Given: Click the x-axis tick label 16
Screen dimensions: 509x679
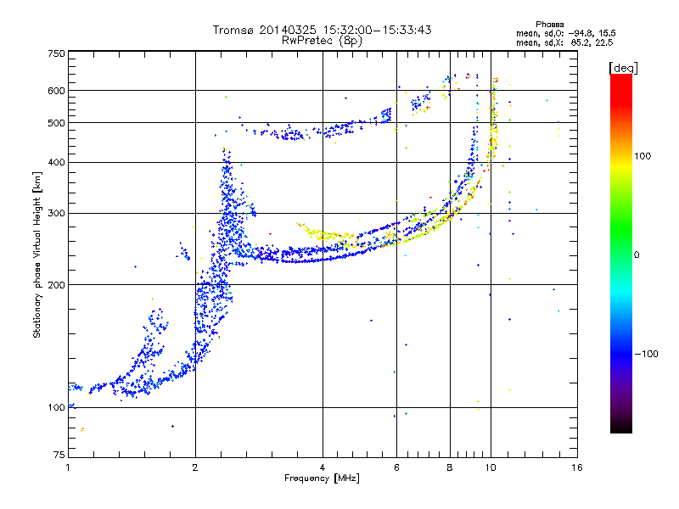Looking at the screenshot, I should pos(576,467).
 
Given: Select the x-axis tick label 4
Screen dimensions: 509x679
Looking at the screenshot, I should pos(323,467).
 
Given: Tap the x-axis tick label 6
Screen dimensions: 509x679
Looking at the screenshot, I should pos(397,467).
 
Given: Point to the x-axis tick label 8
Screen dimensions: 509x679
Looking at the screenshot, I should pos(450,467).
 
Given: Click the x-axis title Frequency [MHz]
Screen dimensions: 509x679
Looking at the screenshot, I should pos(322,478).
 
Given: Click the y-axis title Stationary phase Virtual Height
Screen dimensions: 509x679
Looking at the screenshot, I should pos(37,255).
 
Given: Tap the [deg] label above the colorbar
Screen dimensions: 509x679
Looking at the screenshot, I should pos(623,67).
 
